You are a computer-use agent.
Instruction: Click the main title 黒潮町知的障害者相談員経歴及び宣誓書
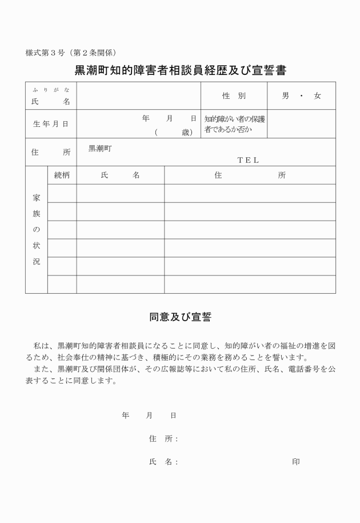[x=180, y=71]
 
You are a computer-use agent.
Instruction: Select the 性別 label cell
[x=234, y=96]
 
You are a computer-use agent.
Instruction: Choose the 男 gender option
[x=285, y=96]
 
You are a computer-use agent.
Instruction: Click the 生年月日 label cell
[x=50, y=124]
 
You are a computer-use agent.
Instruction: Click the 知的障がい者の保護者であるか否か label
[x=234, y=124]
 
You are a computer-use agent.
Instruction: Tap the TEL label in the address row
[x=248, y=161]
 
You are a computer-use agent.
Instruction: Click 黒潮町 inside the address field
[x=100, y=148]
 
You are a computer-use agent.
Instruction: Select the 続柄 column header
[x=62, y=175]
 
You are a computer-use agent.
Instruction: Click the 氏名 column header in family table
[x=120, y=175]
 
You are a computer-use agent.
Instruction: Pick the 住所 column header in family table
[x=250, y=175]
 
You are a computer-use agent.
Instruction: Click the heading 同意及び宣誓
[x=180, y=317]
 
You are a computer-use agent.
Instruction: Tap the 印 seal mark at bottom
[x=295, y=461]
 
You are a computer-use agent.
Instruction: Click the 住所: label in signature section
[x=163, y=438]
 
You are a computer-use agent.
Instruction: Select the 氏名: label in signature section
[x=163, y=461]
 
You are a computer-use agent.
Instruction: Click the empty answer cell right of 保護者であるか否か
[x=301, y=124]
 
